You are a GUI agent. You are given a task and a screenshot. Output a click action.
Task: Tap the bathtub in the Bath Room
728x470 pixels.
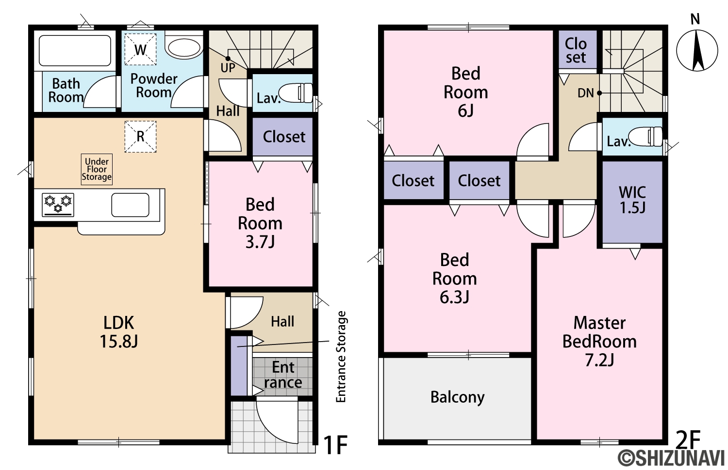[75, 50]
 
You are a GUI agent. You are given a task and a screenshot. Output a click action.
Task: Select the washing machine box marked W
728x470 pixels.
[140, 49]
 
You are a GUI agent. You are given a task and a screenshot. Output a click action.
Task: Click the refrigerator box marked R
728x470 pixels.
[140, 137]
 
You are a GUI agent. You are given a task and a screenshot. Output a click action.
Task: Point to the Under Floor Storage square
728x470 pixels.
[97, 169]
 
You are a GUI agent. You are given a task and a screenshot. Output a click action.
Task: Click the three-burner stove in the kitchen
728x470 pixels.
[58, 204]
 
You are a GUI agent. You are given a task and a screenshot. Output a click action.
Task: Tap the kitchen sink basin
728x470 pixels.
[131, 204]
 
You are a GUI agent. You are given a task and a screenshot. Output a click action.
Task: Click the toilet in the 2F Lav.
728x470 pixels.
[645, 137]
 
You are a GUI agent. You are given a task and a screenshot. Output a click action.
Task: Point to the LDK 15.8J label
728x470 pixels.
[118, 332]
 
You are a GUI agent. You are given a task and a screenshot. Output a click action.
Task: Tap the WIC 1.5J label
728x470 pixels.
[632, 200]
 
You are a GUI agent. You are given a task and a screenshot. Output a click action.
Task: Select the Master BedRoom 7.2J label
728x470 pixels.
[599, 341]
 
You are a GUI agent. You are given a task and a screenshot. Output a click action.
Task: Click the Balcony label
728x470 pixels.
[457, 397]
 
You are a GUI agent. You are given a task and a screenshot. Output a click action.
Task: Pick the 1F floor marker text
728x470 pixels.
[336, 445]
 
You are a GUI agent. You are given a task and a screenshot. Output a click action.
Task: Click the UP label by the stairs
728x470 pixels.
[228, 68]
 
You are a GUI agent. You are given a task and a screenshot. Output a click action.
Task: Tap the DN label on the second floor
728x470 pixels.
[586, 93]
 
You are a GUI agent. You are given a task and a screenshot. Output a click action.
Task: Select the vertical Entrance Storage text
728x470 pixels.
[341, 357]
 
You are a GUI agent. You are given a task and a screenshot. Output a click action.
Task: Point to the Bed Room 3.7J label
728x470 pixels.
[260, 223]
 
